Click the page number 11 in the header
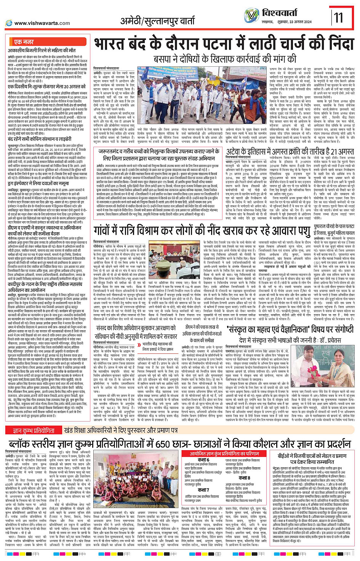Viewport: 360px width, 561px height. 338,18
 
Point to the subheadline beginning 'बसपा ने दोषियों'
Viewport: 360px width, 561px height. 225,59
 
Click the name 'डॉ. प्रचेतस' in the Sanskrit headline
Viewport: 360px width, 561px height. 330,339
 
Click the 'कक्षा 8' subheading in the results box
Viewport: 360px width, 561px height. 244,478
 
